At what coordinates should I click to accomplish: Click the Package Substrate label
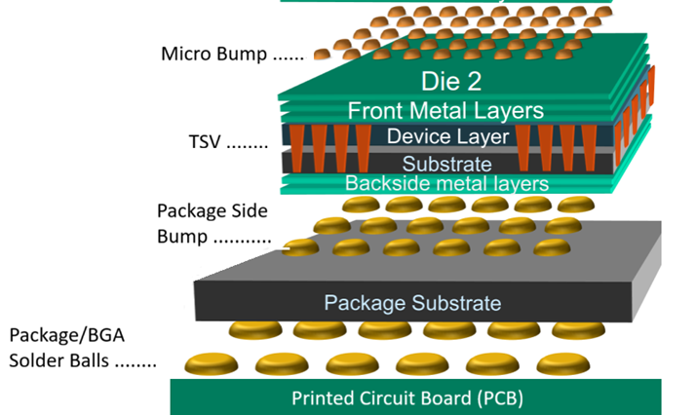click(412, 302)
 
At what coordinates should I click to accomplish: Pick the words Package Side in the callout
click(211, 210)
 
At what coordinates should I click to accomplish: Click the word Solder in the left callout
click(38, 362)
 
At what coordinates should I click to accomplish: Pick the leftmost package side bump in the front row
click(301, 247)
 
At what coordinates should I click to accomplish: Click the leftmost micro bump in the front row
click(321, 55)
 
